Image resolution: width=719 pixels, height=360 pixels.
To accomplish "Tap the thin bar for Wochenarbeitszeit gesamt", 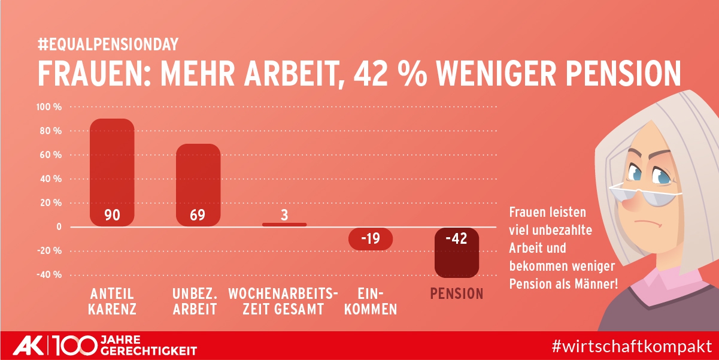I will (x=284, y=225).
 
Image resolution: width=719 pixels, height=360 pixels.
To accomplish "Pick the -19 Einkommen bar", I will (x=370, y=238).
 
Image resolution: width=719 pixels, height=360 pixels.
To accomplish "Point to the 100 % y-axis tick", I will (x=50, y=107).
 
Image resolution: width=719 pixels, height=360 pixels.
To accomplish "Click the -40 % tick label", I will (x=49, y=275).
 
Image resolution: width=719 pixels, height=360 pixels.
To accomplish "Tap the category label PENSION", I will (x=457, y=294).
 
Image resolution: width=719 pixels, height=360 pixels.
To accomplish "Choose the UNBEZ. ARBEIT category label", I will (x=195, y=301).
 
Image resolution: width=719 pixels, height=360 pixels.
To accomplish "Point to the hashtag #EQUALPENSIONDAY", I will (x=108, y=44).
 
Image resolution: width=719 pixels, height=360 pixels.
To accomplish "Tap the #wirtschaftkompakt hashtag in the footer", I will (x=632, y=346).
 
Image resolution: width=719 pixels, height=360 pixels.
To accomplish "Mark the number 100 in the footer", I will (x=75, y=346).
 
